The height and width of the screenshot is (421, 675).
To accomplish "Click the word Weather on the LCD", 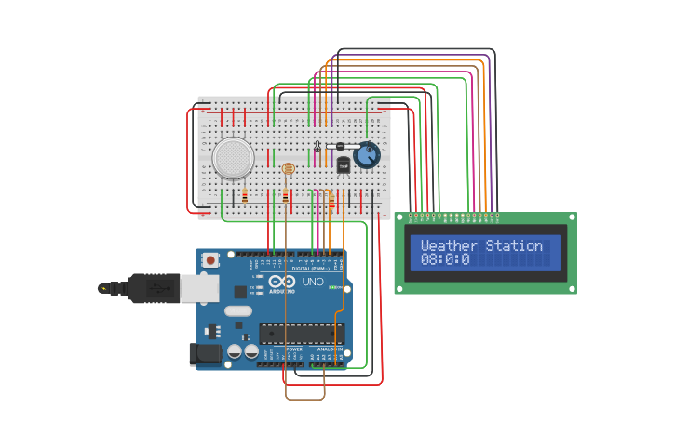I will point(450,246).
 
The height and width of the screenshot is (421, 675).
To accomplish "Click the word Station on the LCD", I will point(514,246).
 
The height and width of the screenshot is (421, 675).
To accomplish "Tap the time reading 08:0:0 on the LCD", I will point(445,260).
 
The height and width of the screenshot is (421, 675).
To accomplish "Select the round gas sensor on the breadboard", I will point(233,158).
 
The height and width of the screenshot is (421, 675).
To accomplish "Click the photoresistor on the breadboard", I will point(287,170).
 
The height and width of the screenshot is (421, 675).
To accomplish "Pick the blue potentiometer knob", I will point(367,155).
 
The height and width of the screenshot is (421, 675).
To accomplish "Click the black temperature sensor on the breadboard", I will point(343,164).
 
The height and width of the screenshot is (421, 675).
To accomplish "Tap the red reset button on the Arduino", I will point(211,260).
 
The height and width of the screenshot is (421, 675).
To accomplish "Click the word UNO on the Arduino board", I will point(313,282).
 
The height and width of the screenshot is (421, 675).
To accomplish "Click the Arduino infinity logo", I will point(282,282).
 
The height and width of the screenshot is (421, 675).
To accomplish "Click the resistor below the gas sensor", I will point(245,197).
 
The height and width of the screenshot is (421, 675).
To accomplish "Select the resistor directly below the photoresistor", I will point(285,197).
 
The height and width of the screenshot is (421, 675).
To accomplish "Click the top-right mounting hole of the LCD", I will point(571,217).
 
